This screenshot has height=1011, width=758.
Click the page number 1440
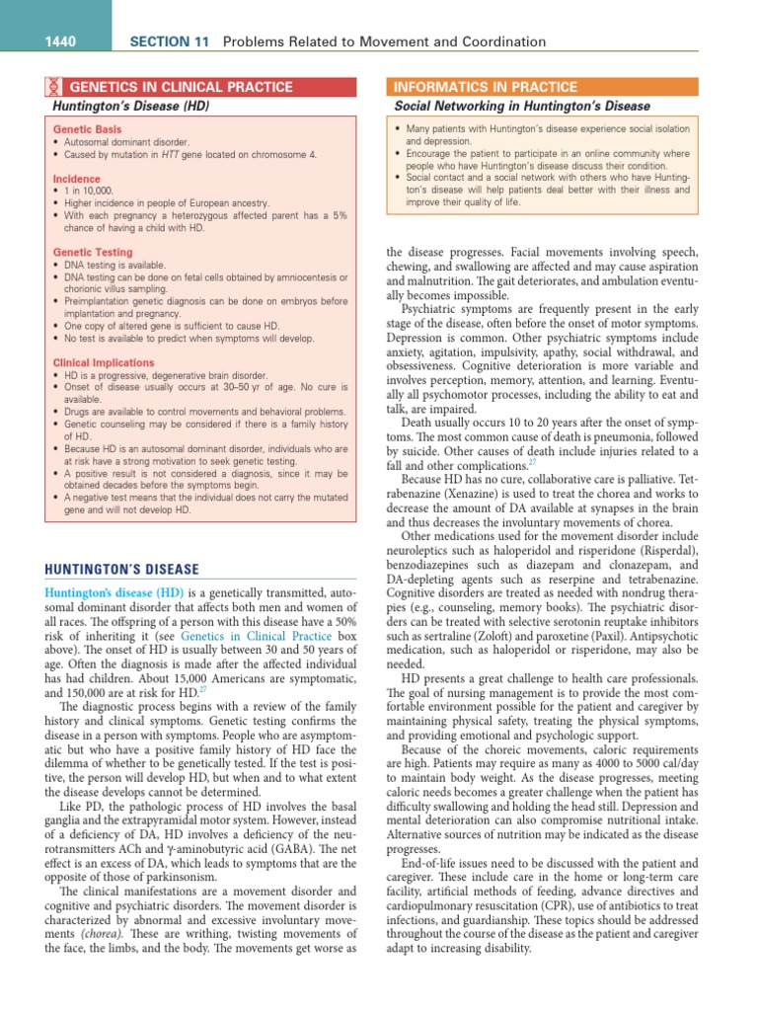(x=61, y=41)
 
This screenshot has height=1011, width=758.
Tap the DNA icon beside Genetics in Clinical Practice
(x=56, y=87)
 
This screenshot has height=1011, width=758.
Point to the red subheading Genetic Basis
(x=87, y=130)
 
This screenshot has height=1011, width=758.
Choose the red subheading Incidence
(x=76, y=179)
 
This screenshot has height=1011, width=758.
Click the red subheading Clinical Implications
(x=103, y=362)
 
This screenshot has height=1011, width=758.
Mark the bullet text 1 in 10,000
(x=89, y=191)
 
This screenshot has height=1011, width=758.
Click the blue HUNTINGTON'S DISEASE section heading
(x=121, y=570)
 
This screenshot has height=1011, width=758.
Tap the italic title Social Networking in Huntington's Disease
(x=522, y=106)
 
